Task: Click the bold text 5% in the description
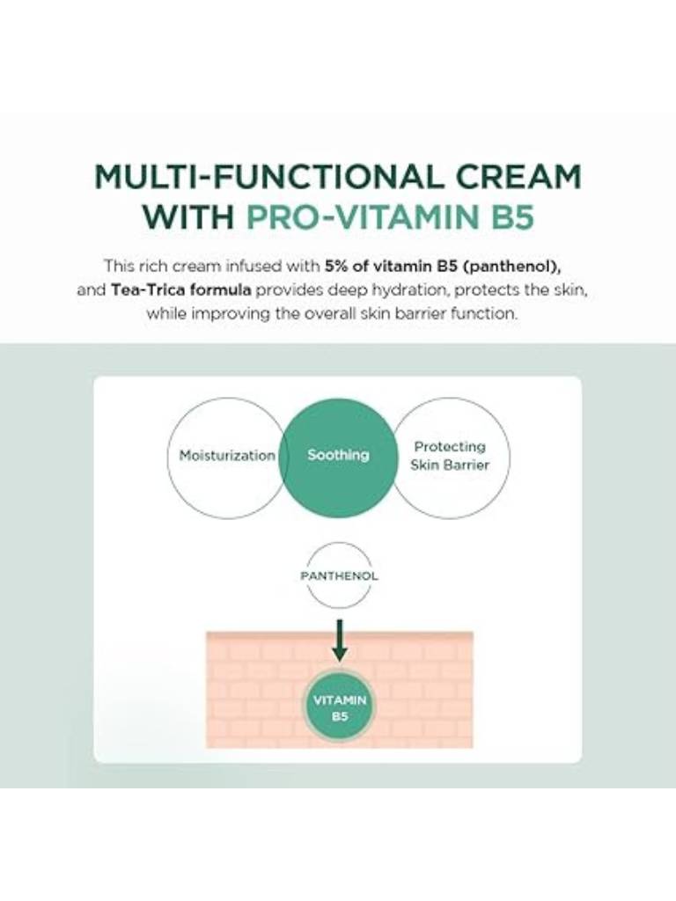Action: click(x=336, y=266)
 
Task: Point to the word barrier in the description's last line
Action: click(x=426, y=314)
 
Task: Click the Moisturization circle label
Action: click(x=227, y=456)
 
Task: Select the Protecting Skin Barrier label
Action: click(x=450, y=456)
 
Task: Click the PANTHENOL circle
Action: click(x=339, y=575)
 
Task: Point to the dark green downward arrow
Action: click(x=340, y=640)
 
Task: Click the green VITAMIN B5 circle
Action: click(x=340, y=707)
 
